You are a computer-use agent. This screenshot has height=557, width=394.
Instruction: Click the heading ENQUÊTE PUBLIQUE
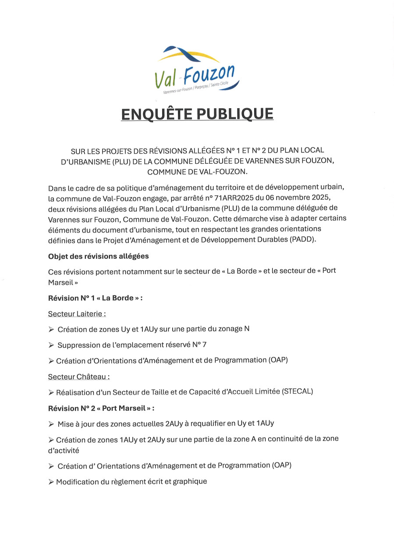click(197, 114)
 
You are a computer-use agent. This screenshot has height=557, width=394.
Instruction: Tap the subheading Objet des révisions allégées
click(99, 256)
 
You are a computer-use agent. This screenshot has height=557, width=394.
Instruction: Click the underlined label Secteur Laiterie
click(77, 314)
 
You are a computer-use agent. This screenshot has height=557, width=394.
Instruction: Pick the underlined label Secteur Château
click(78, 376)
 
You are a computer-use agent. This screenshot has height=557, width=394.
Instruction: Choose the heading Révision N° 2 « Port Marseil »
click(101, 408)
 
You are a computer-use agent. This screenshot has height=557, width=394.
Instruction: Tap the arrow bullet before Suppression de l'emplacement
click(51, 345)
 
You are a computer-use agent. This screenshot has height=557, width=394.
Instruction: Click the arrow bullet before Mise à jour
click(51, 424)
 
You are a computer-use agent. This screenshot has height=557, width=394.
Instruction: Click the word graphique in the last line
click(190, 482)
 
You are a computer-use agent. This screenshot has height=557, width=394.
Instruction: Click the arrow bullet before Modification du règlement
click(51, 482)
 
